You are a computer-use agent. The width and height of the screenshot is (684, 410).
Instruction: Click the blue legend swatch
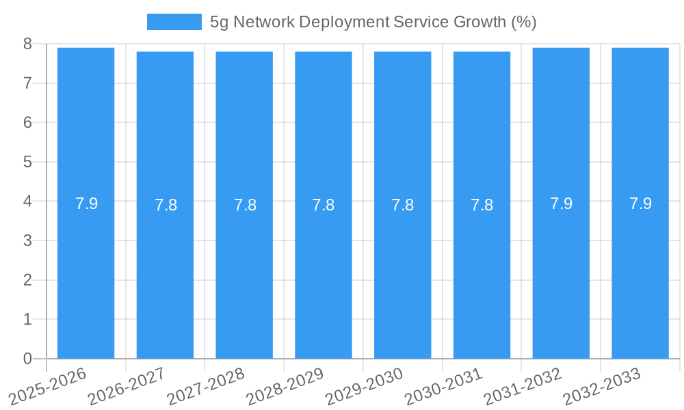(174, 22)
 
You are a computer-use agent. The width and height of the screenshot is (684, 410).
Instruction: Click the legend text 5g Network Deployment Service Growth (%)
(373, 22)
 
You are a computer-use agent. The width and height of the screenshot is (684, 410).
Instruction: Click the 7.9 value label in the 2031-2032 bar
(561, 204)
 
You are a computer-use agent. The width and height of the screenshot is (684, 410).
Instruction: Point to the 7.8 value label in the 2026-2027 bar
(166, 205)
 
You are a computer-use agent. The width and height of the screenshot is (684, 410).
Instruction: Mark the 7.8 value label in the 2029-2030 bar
(402, 205)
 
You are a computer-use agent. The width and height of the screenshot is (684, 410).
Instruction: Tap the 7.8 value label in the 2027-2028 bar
(245, 205)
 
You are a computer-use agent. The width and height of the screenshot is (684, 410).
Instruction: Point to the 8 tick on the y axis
(27, 44)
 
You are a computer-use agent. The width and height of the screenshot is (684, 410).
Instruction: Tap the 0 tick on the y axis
(27, 359)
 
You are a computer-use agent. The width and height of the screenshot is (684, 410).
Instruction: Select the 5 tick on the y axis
(27, 162)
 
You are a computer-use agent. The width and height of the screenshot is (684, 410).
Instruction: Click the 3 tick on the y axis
(27, 241)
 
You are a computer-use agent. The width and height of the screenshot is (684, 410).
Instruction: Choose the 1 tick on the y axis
(27, 319)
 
